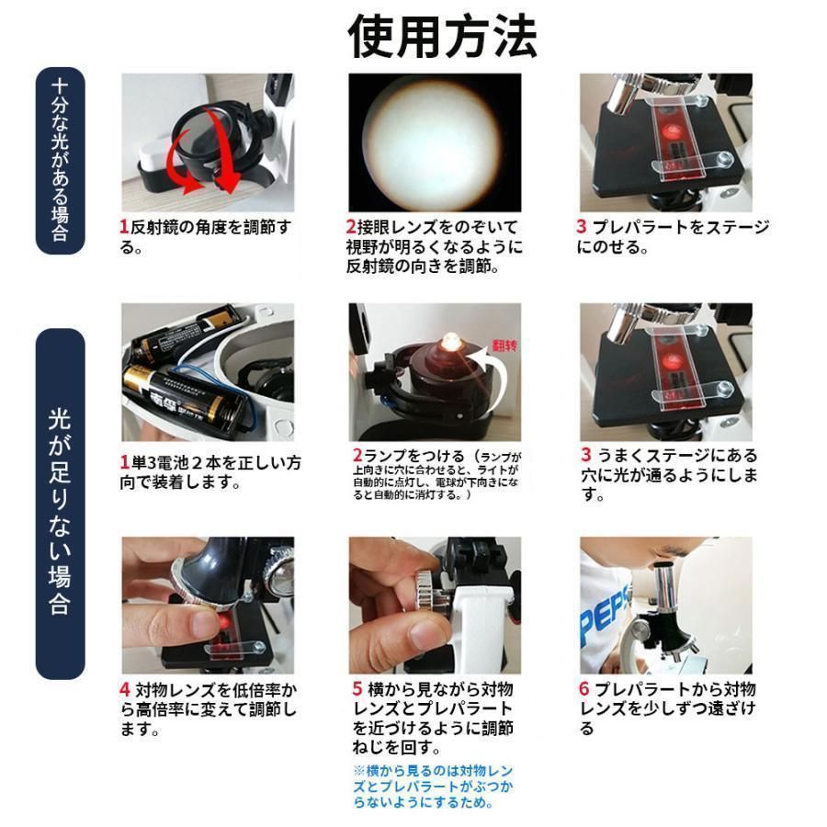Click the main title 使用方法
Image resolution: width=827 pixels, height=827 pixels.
pyautogui.click(x=442, y=36)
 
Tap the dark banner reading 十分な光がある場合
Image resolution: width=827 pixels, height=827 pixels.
pyautogui.click(x=60, y=160)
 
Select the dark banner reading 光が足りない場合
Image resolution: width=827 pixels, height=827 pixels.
pyautogui.click(x=60, y=504)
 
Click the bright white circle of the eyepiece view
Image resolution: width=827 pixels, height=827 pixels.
pyautogui.click(x=432, y=143)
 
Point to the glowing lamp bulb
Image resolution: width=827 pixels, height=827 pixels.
pyautogui.click(x=451, y=342)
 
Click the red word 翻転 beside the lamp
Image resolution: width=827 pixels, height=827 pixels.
pyautogui.click(x=504, y=346)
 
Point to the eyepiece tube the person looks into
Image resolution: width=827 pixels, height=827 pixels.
pyautogui.click(x=666, y=587)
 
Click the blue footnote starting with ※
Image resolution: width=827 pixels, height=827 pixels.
pyautogui.click(x=433, y=787)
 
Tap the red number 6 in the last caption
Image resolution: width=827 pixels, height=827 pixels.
pyautogui.click(x=583, y=689)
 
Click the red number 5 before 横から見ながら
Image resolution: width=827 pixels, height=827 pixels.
pyautogui.click(x=357, y=689)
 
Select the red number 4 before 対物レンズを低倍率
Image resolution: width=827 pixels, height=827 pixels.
pyautogui.click(x=124, y=689)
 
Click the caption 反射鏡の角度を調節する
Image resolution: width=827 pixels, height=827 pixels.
pyautogui.click(x=206, y=237)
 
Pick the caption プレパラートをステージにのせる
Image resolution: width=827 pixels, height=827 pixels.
pyautogui.click(x=673, y=237)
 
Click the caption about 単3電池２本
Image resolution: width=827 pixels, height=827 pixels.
pyautogui.click(x=210, y=472)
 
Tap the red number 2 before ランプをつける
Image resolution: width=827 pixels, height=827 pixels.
pyautogui.click(x=358, y=455)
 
